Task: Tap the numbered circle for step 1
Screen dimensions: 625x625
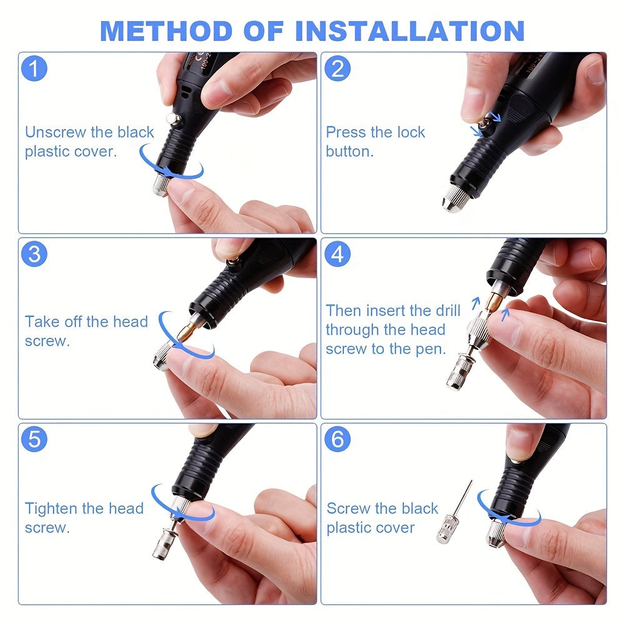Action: coord(34,69)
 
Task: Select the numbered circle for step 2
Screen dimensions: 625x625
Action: coord(337,69)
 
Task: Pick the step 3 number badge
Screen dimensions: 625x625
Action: coord(34,254)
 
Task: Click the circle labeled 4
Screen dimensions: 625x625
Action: coord(337,254)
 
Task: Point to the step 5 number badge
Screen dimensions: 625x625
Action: coord(34,439)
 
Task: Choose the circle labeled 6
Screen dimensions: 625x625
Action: coord(337,439)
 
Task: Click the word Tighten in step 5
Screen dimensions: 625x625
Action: coord(52,509)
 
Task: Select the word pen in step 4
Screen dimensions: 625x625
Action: coord(431,349)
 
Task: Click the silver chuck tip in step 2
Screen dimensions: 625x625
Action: coord(451,202)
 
